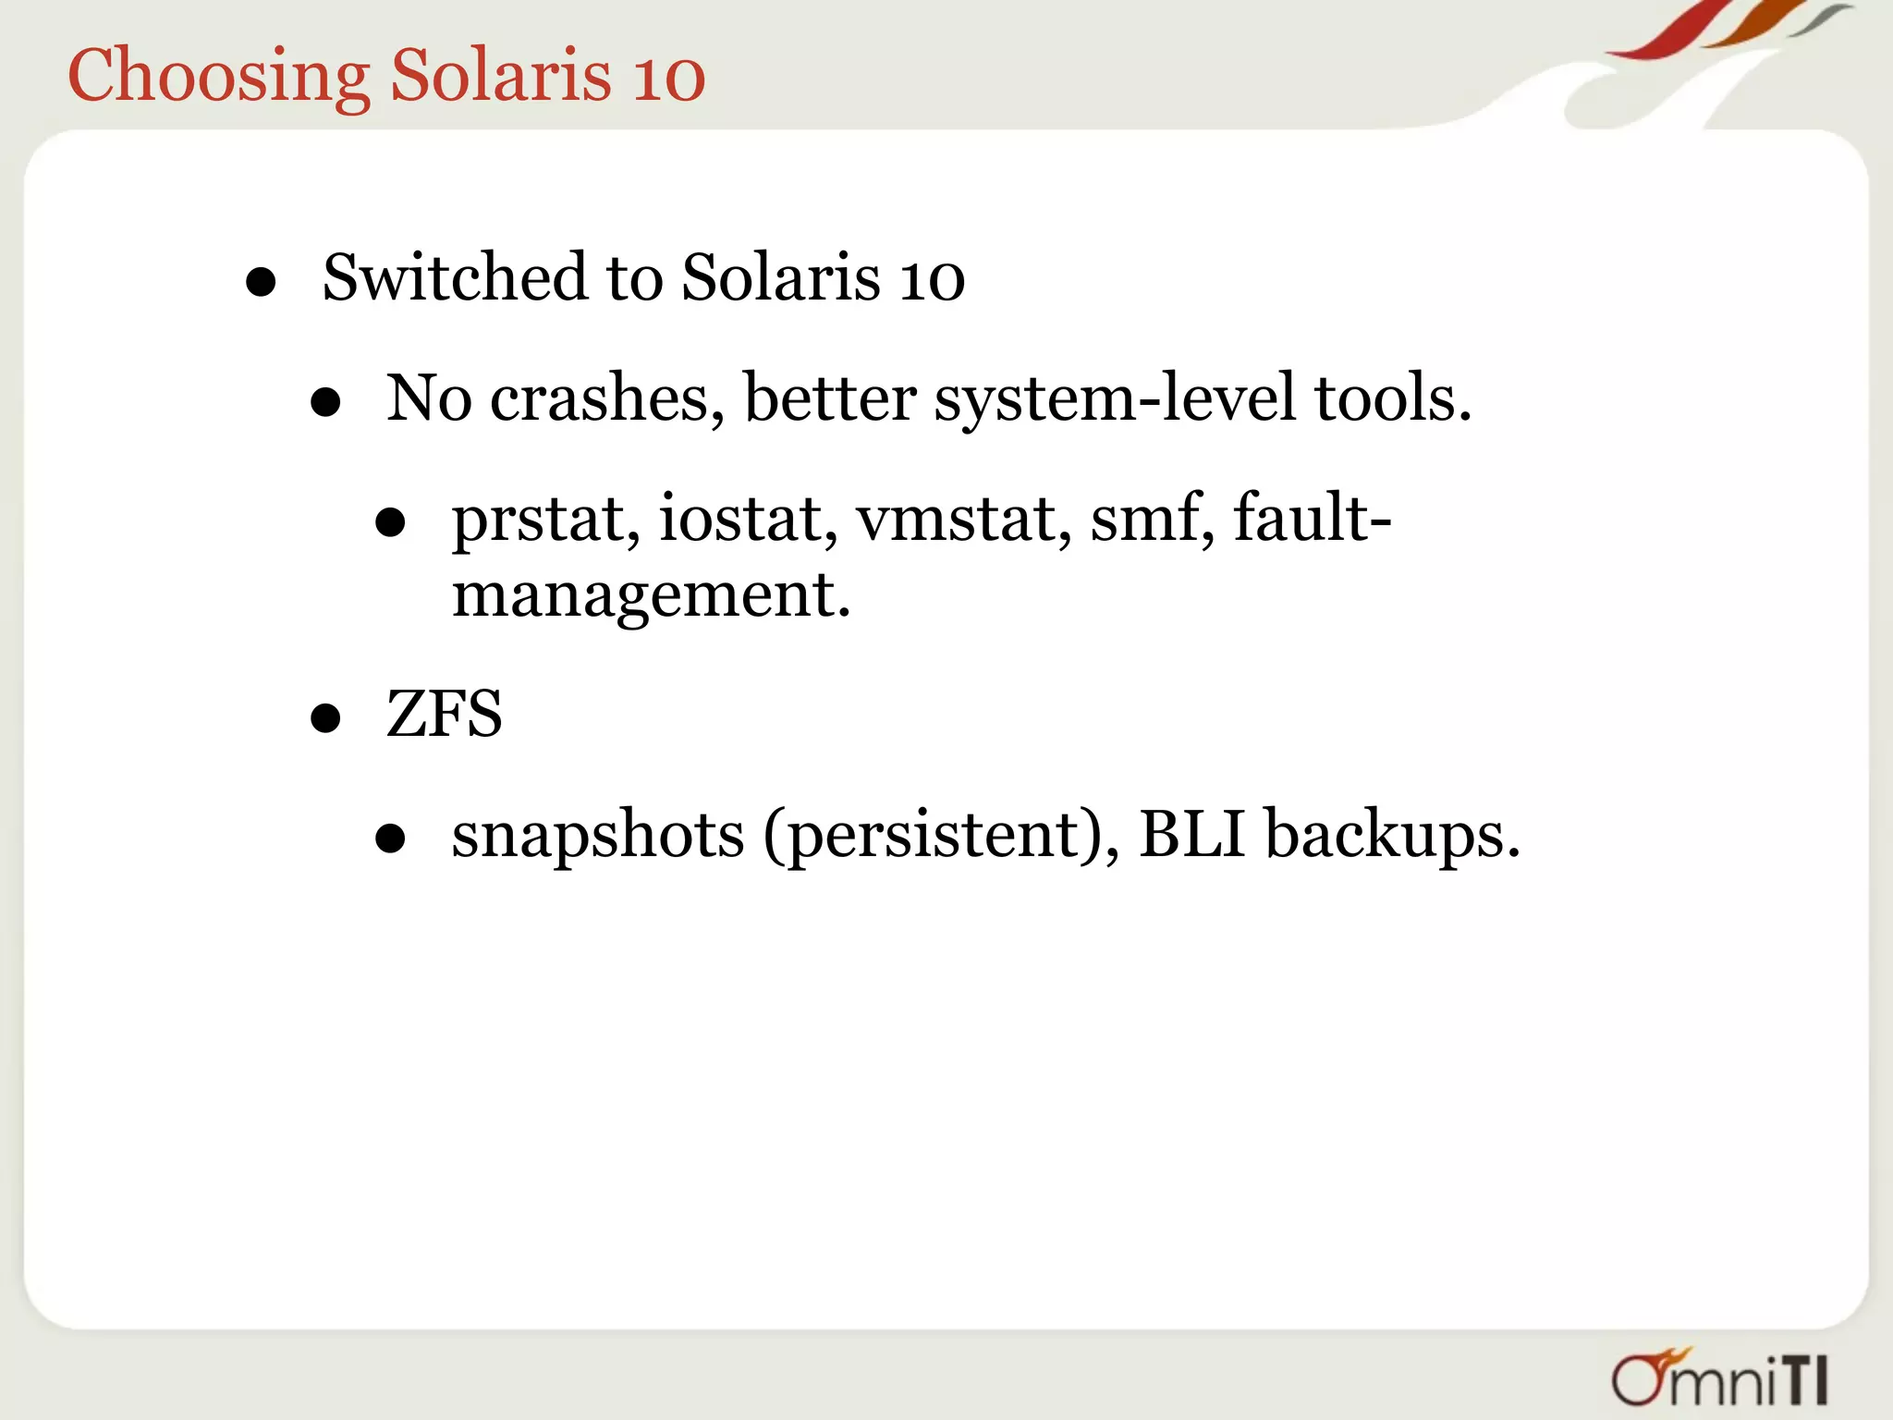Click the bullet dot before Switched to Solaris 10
coord(262,283)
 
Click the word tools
coord(1392,398)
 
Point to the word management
coord(650,595)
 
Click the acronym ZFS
coord(444,714)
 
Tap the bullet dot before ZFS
coord(325,718)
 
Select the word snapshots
coord(597,835)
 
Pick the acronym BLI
coord(1192,834)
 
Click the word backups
coord(1390,835)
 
